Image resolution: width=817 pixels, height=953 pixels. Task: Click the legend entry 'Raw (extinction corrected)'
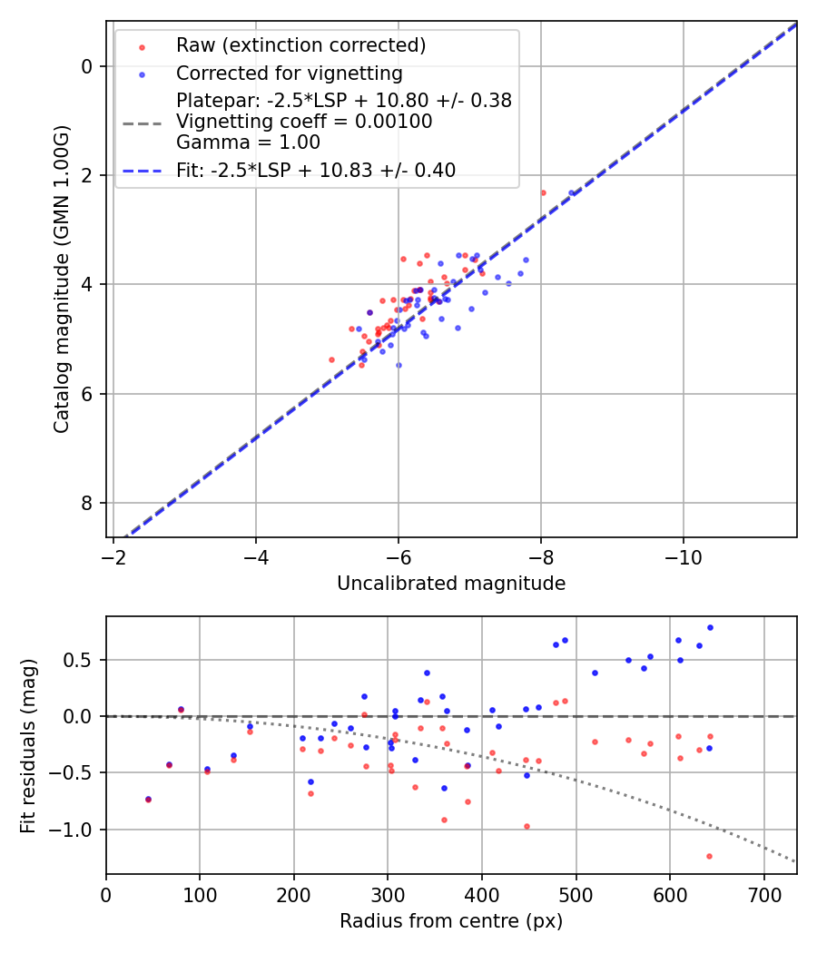click(300, 45)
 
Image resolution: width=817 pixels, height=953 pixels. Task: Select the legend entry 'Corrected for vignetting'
click(289, 73)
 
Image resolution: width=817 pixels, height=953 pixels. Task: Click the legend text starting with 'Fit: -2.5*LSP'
click(316, 170)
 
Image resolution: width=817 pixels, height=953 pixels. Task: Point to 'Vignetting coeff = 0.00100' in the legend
click(304, 122)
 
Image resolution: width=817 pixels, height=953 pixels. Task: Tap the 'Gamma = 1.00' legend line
click(248, 142)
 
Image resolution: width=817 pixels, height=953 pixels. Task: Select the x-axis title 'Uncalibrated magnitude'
click(451, 584)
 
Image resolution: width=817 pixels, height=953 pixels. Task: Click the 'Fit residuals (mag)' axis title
click(29, 745)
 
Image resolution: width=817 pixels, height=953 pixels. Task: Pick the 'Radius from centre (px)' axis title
click(451, 921)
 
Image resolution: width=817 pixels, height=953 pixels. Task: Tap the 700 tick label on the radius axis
click(763, 893)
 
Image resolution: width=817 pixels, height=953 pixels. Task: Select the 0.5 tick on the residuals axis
click(82, 660)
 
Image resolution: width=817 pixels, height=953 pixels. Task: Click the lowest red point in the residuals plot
click(709, 856)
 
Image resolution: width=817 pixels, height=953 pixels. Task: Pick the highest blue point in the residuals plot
click(710, 627)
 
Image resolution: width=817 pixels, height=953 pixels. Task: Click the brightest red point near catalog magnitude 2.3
click(543, 192)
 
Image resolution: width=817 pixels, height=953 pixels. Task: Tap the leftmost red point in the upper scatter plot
click(331, 359)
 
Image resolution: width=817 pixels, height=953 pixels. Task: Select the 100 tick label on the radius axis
click(200, 893)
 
